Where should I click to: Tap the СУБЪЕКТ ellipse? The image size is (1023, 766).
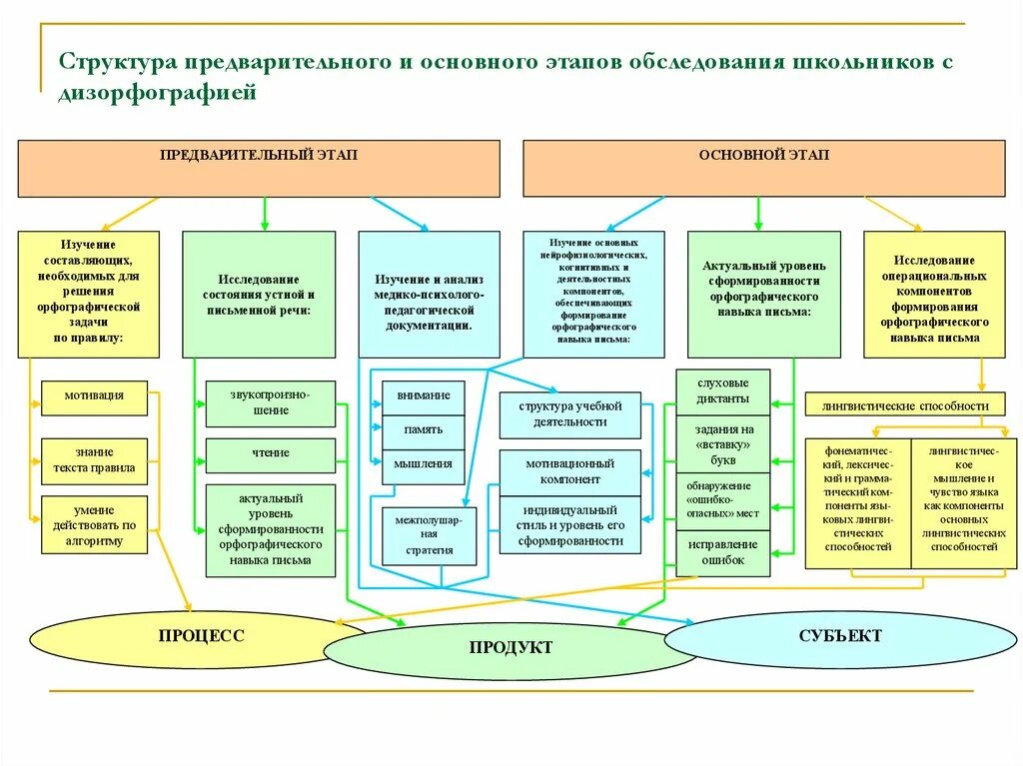tap(840, 637)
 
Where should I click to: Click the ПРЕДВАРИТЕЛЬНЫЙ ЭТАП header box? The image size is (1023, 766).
tap(259, 168)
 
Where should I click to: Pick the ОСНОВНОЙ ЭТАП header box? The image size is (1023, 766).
tap(764, 168)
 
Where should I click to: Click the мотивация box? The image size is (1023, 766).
tap(94, 396)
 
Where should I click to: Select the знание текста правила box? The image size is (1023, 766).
tap(94, 460)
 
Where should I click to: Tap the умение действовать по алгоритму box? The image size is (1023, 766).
tap(94, 524)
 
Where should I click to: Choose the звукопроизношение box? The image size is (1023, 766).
tap(271, 403)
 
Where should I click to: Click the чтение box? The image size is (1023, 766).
tap(271, 454)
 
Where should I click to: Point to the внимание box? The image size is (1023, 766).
tap(423, 396)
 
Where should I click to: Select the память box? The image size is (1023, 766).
tap(423, 430)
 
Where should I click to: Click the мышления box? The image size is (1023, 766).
tap(423, 464)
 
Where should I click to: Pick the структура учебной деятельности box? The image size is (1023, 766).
tap(569, 414)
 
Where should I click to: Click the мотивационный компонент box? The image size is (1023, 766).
tap(569, 471)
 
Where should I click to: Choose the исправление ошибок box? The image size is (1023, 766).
tap(723, 553)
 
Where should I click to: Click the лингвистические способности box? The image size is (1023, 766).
tap(904, 405)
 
